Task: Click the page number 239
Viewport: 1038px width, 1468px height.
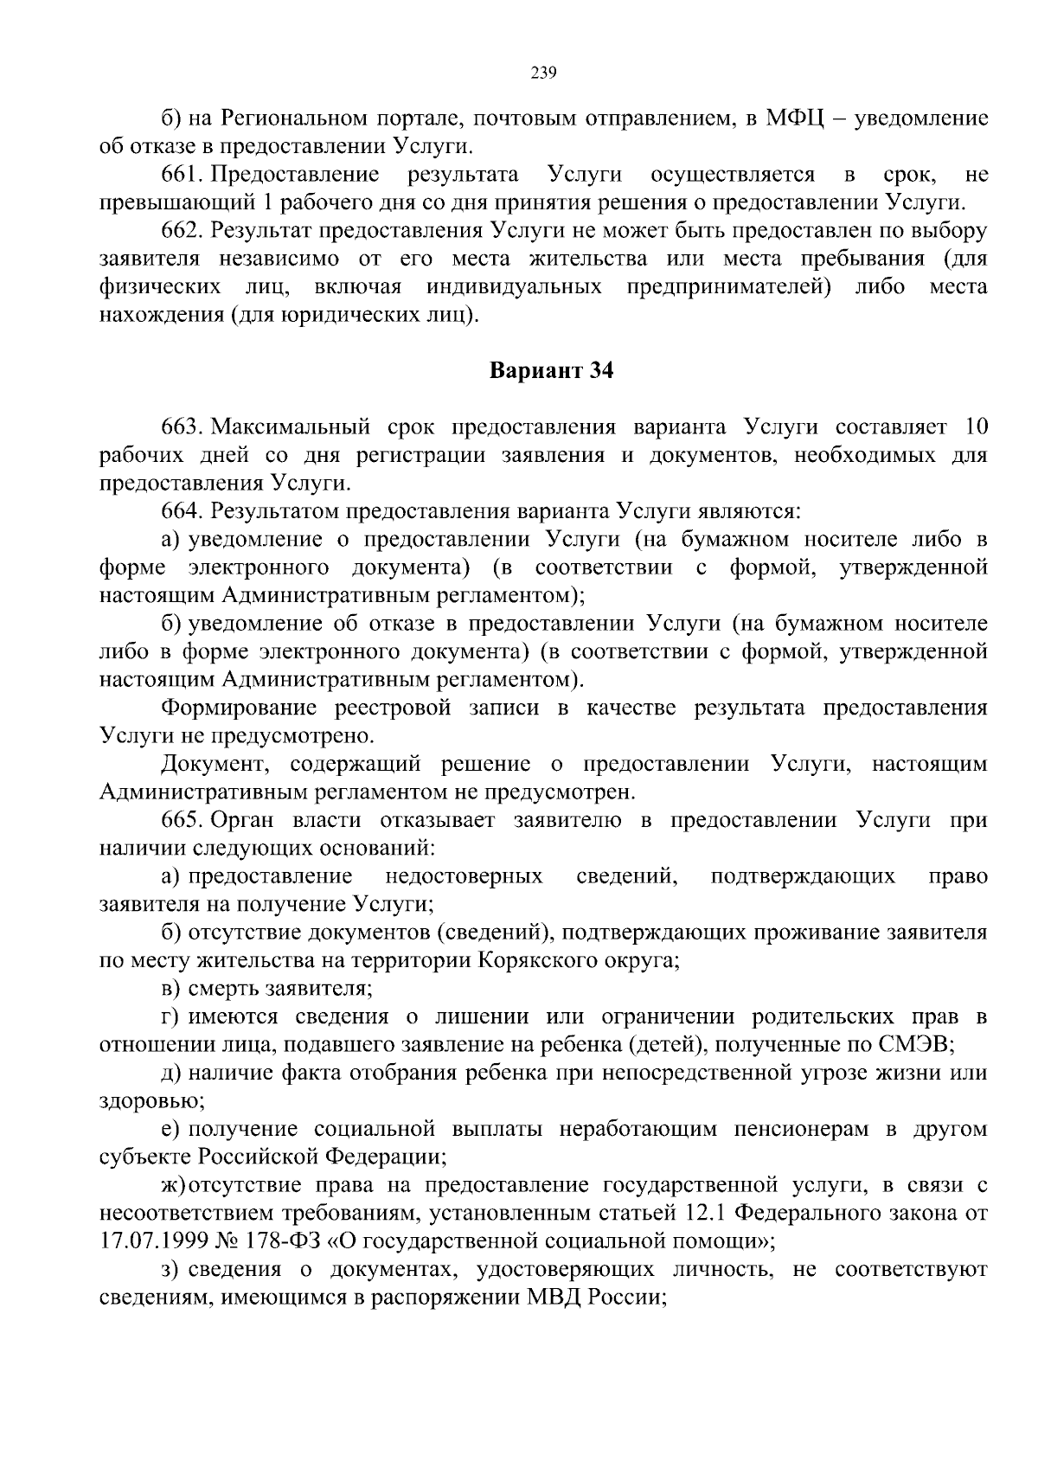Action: coord(542,73)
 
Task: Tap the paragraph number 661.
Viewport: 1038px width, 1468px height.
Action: coord(182,175)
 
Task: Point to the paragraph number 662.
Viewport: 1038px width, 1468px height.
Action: coord(182,231)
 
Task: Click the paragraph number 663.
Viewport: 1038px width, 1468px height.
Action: coord(182,427)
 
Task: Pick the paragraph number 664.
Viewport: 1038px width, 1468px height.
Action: coord(182,511)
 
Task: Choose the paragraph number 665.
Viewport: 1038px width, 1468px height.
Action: coord(182,820)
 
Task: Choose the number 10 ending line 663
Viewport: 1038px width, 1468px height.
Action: coord(974,427)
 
